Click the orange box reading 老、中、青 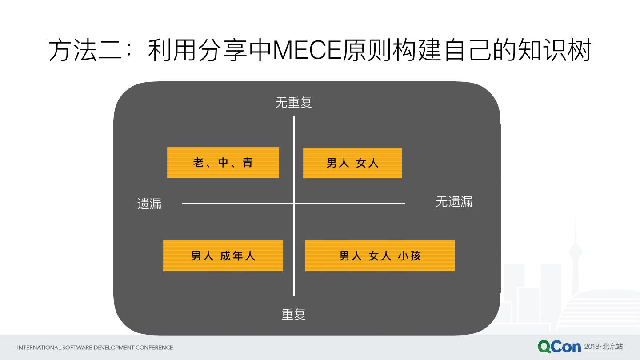click(x=223, y=163)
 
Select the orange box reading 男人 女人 click(x=352, y=163)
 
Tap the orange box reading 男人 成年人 click(x=223, y=256)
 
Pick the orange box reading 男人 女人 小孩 click(x=380, y=256)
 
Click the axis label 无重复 click(x=294, y=103)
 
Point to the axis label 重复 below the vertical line click(x=294, y=314)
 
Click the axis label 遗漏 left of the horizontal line click(x=149, y=204)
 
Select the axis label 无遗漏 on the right click(x=454, y=202)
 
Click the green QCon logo click(x=559, y=347)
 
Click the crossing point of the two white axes click(x=294, y=204)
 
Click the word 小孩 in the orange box click(x=408, y=256)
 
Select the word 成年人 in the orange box click(x=238, y=256)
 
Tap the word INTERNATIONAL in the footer click(x=39, y=348)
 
